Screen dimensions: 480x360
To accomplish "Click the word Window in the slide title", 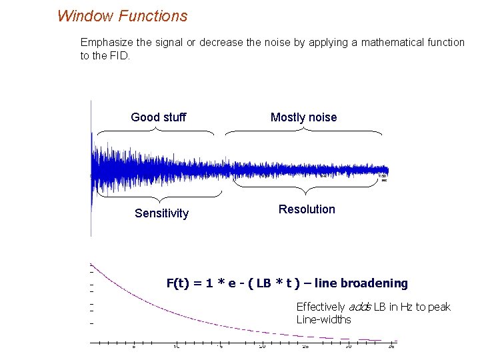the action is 83,15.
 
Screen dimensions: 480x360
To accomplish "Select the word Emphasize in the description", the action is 108,42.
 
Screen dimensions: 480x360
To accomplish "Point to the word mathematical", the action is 385,42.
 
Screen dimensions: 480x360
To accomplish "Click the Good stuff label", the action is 159,117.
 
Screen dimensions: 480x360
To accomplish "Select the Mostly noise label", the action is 303,117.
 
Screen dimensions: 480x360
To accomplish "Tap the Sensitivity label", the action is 161,213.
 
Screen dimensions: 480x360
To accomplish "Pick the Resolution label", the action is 307,209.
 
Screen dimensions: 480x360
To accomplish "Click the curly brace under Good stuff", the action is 155,131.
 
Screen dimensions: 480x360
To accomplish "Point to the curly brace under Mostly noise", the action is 304,131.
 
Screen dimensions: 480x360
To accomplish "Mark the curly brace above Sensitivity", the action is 160,196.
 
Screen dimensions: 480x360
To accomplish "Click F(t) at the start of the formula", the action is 177,283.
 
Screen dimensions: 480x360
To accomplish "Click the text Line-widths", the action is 323,319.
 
